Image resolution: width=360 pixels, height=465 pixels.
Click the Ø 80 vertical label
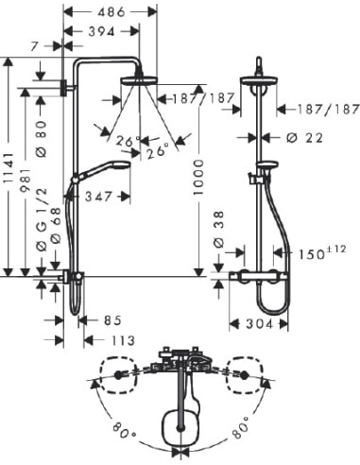pyautogui.click(x=42, y=133)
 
